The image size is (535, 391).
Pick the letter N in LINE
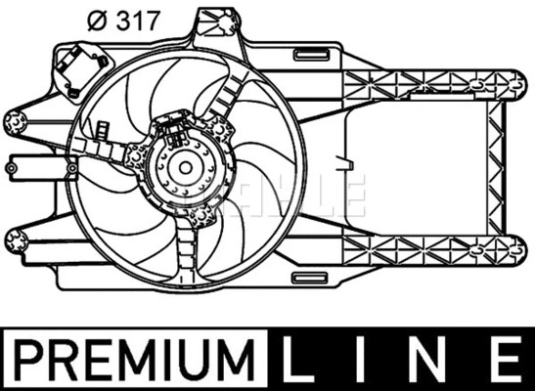pyautogui.click(x=427, y=357)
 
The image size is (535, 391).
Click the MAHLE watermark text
pyautogui.click(x=293, y=195)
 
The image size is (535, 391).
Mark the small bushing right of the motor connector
pyautogui.click(x=220, y=129)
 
